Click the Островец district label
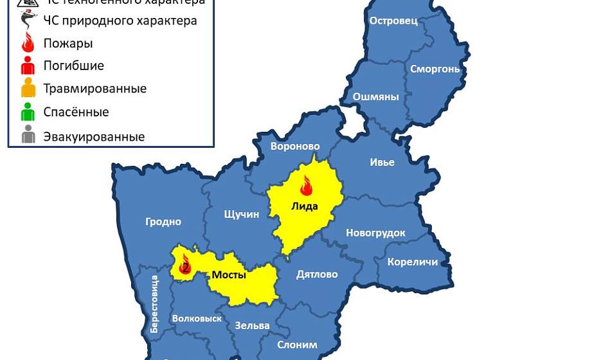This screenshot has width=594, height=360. point(393,21)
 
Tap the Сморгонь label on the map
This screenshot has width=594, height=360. point(435,68)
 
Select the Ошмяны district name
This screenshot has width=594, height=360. point(376,97)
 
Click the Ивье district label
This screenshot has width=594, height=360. point(382,162)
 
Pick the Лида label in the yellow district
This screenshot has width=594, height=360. point(305,206)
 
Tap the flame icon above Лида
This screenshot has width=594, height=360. point(306,185)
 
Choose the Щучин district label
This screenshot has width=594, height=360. point(241,214)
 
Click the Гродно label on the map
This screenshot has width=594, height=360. point(163,222)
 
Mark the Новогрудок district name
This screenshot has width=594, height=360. point(375,233)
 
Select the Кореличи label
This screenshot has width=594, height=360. point(412,262)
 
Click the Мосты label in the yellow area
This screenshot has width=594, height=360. point(229,275)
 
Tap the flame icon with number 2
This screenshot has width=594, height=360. point(185,264)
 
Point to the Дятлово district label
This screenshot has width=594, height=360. point(317,274)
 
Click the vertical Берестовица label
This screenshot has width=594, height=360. point(154,303)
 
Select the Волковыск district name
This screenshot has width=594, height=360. point(197,318)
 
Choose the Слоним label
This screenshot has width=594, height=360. point(297,345)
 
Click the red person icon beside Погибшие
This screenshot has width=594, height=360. point(28,66)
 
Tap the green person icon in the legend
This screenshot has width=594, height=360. point(28,113)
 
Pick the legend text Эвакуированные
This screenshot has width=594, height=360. point(94,136)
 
